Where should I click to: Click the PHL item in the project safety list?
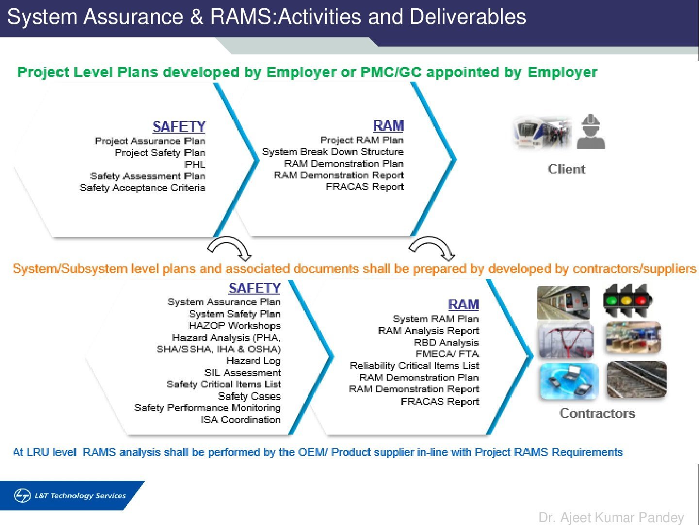pos(195,164)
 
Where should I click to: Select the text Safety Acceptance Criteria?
pos(142,188)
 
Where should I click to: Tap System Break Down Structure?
pos(333,152)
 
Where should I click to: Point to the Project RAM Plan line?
pos(362,140)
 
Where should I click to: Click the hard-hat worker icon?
pos(591,132)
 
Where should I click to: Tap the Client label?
pos(566,169)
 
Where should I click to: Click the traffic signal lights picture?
pos(628,300)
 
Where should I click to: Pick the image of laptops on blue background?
pos(569,381)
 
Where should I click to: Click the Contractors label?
pos(597,413)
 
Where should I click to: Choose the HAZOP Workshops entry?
pos(234,326)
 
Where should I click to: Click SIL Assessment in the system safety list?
pos(243,372)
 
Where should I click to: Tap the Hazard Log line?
pos(253,361)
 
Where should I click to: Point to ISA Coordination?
pos(241,420)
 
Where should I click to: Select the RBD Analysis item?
pos(446,342)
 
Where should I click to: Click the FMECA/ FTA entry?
pos(447,354)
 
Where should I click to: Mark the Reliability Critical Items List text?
pos(414,366)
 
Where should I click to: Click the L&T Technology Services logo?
pos(70,495)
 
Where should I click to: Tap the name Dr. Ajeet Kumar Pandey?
pos(611,517)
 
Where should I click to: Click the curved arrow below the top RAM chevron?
pos(431,248)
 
